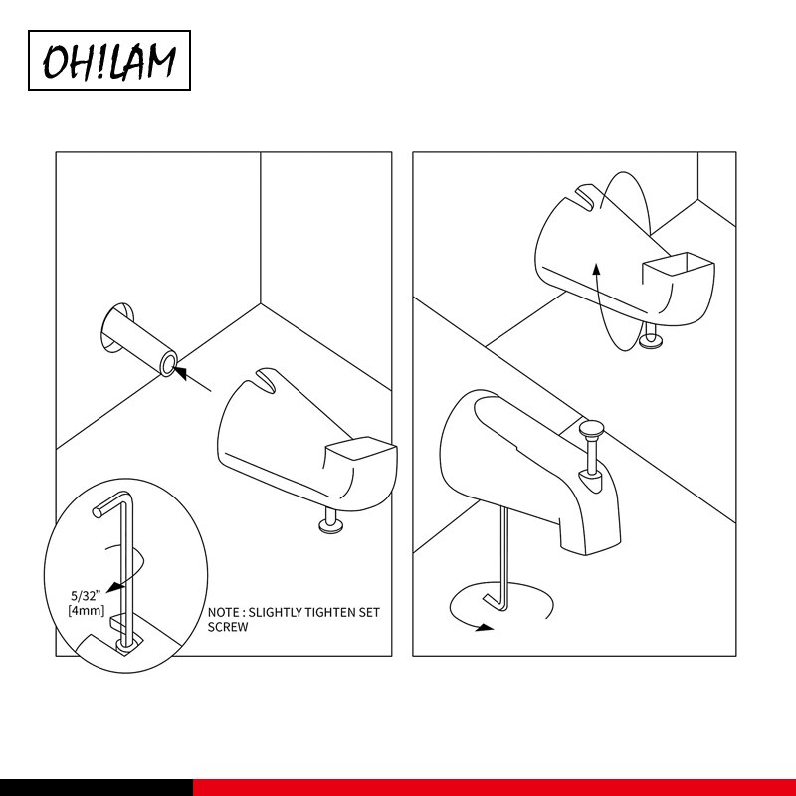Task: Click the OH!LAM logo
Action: tap(109, 60)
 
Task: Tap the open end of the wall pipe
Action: tap(168, 363)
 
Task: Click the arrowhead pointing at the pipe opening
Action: tap(180, 372)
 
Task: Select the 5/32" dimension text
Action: tap(86, 595)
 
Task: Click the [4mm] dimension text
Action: tap(86, 610)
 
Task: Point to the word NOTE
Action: tap(224, 612)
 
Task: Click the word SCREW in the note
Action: tap(228, 627)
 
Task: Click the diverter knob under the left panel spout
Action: tap(331, 523)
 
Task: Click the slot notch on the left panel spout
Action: tap(265, 380)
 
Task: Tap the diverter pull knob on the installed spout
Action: tap(591, 429)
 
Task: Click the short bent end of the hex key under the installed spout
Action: tap(494, 602)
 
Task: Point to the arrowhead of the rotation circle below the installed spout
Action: tap(485, 628)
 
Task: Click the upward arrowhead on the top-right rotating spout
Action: tap(596, 269)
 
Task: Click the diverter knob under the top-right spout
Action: tap(651, 340)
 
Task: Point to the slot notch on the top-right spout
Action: tap(585, 197)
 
